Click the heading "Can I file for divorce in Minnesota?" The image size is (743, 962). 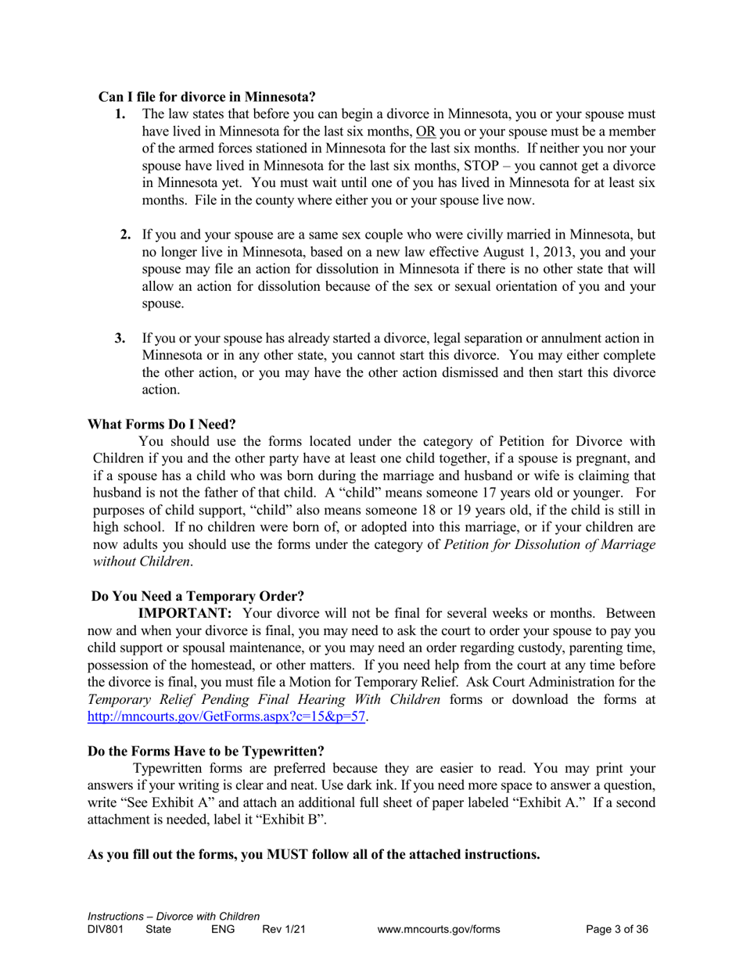(206, 97)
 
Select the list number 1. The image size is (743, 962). (119, 114)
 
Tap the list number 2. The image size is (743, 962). (125, 235)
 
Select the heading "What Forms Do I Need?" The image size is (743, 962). (161, 425)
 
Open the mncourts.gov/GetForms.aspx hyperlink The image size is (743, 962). (226, 716)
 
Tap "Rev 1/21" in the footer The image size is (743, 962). (283, 930)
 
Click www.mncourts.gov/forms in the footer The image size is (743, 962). (438, 930)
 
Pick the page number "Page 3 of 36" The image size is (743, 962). (617, 930)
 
